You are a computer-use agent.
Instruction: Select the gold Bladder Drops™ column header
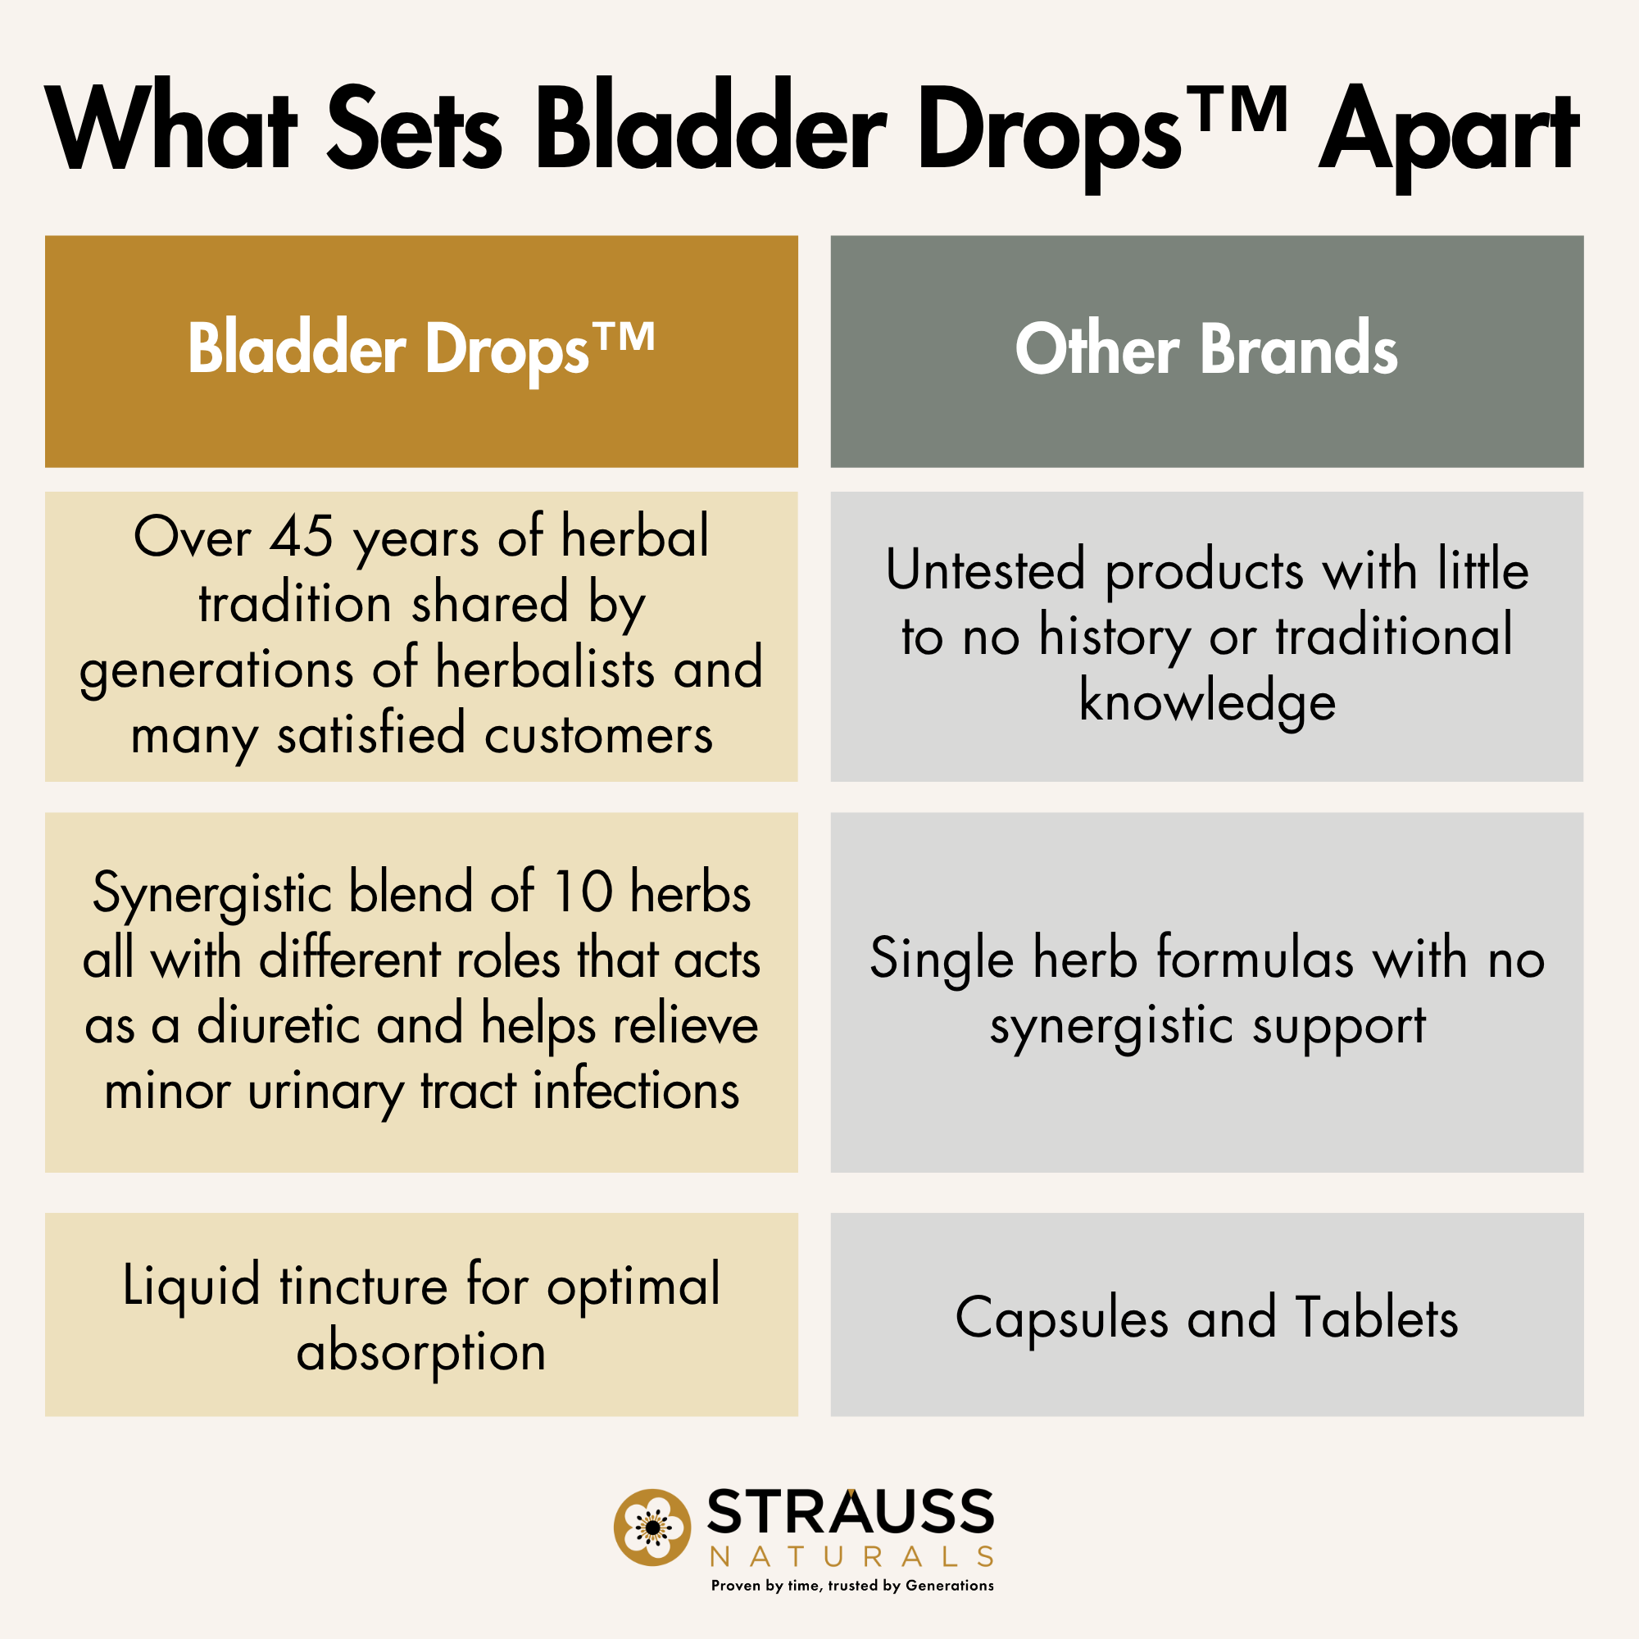[x=420, y=352]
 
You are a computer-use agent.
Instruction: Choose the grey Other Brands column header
[x=1206, y=352]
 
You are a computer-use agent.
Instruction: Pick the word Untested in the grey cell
[x=985, y=570]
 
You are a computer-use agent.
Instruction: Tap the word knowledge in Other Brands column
[x=1206, y=702]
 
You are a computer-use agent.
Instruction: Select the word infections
[x=636, y=1091]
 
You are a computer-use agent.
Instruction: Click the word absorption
[x=420, y=1351]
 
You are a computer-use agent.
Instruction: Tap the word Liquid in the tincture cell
[x=191, y=1286]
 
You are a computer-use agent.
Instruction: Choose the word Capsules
[x=1061, y=1319]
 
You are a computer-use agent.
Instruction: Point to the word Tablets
[x=1376, y=1319]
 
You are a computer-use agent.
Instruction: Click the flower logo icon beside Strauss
[x=652, y=1527]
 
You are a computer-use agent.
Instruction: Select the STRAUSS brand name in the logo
[x=850, y=1512]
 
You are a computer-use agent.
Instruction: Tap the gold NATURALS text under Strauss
[x=851, y=1557]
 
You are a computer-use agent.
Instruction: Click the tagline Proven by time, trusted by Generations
[x=851, y=1586]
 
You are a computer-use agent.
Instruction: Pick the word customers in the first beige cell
[x=598, y=734]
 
